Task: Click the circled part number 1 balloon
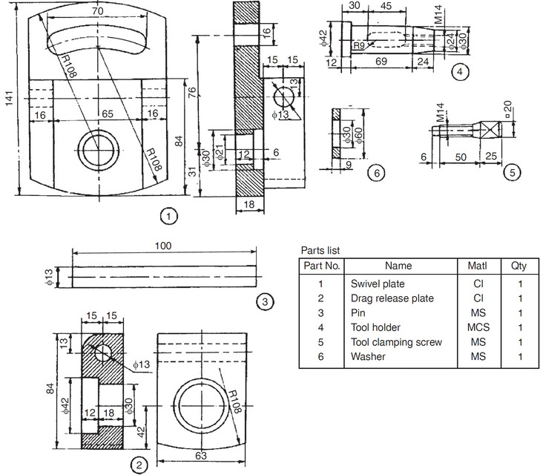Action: pos(171,216)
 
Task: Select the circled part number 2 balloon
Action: pos(138,464)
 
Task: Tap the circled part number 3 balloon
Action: pos(266,301)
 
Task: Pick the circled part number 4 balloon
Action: pos(461,71)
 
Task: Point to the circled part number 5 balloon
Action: pos(511,173)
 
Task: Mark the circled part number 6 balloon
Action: pos(377,173)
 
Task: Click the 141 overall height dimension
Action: pos(9,104)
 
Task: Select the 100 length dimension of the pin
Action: pos(164,246)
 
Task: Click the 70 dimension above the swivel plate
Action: pos(96,13)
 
